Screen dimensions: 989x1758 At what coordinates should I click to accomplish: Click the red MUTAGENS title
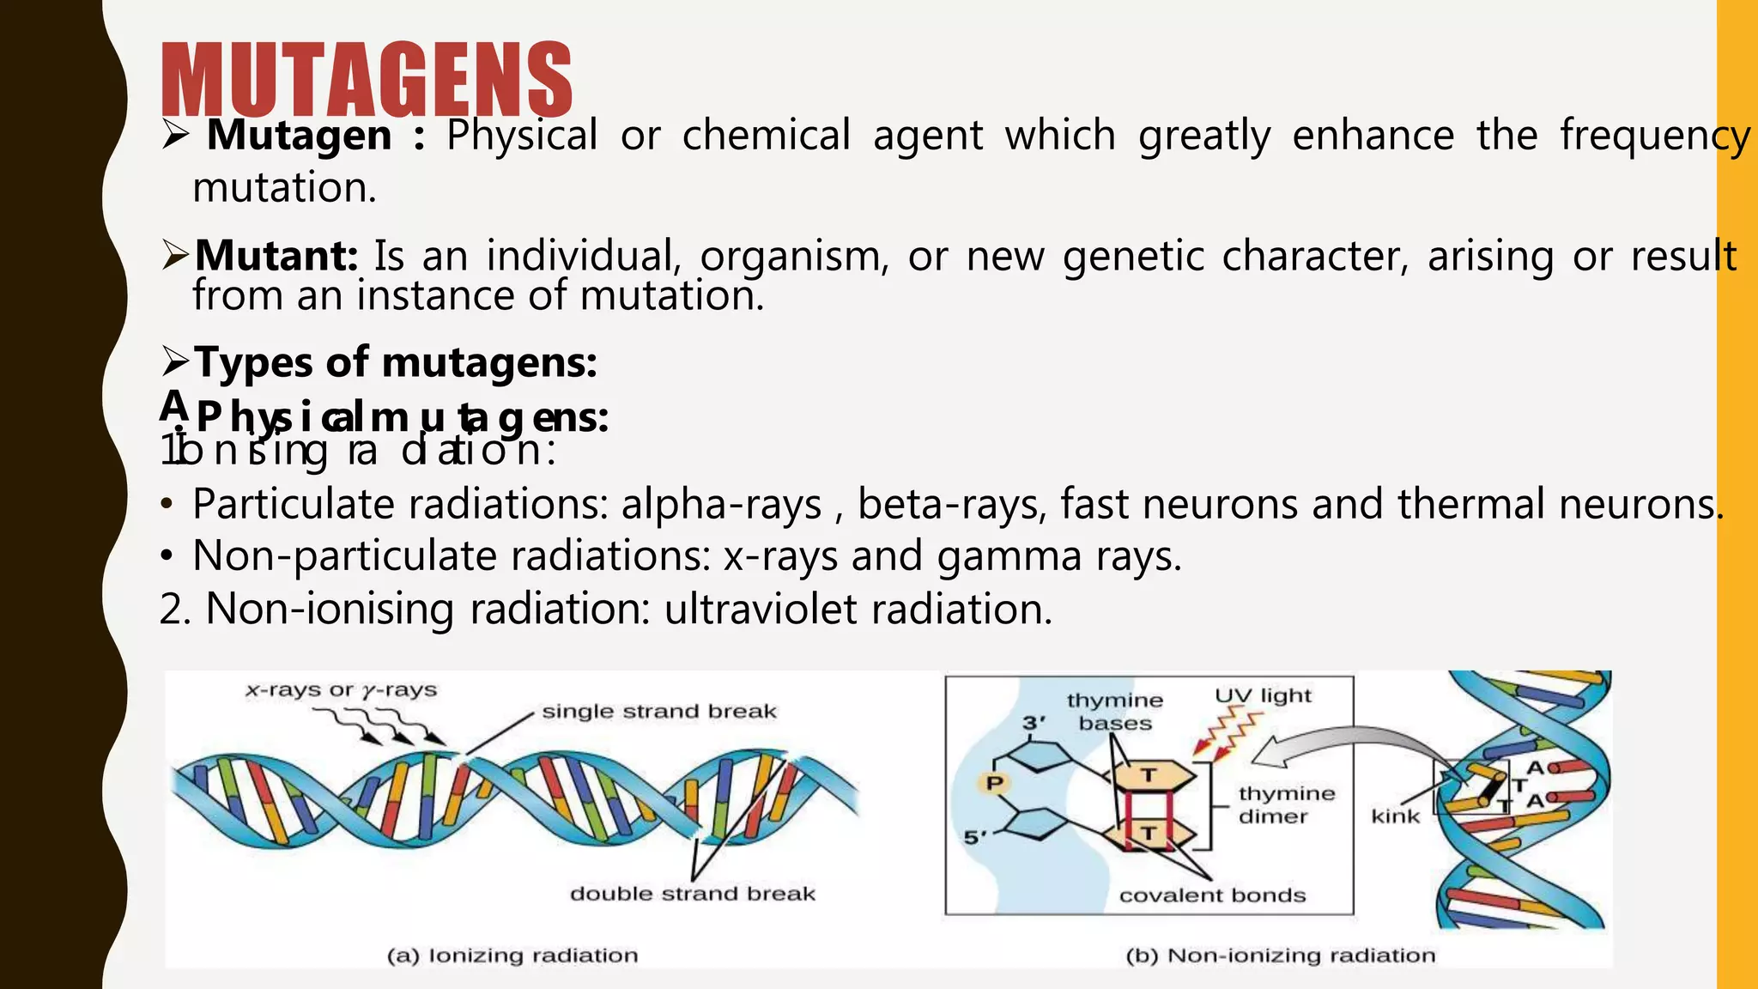pyautogui.click(x=367, y=79)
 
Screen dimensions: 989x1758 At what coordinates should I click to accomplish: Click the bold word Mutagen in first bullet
pyautogui.click(x=299, y=136)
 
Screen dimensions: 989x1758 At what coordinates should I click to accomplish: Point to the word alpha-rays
pyautogui.click(x=721, y=504)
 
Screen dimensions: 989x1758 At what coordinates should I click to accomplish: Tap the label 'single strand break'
pyautogui.click(x=658, y=711)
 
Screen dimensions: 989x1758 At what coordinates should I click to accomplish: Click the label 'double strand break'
pyautogui.click(x=692, y=894)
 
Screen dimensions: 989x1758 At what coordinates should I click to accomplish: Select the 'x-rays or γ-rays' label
pyautogui.click(x=341, y=690)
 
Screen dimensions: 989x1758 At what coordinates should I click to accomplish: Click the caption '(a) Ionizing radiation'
pyautogui.click(x=512, y=956)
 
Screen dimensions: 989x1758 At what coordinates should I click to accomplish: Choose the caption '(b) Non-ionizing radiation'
pyautogui.click(x=1280, y=956)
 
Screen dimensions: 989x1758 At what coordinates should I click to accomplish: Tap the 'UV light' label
pyautogui.click(x=1263, y=695)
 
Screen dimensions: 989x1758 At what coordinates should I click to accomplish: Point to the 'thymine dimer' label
pyautogui.click(x=1286, y=804)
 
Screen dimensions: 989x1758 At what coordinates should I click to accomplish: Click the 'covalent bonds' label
pyautogui.click(x=1212, y=895)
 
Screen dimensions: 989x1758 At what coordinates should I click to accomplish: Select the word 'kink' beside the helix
pyautogui.click(x=1395, y=816)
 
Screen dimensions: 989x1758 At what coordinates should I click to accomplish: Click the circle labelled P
pyautogui.click(x=995, y=783)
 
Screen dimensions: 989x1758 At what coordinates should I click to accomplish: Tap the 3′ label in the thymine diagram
pyautogui.click(x=1034, y=723)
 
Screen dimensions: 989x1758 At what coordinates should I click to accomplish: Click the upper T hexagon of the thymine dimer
pyautogui.click(x=1149, y=775)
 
